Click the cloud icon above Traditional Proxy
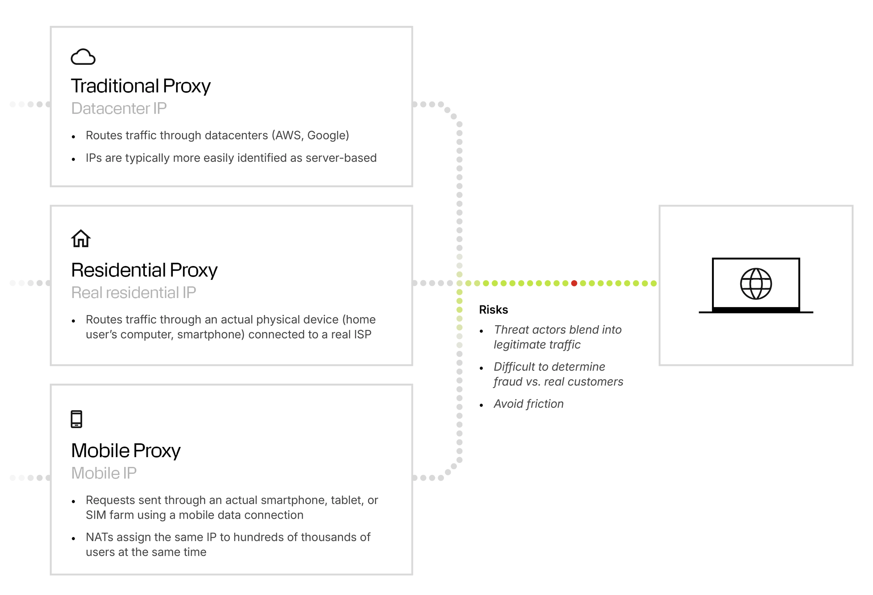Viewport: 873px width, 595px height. tap(83, 57)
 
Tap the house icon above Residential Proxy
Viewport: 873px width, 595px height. tap(81, 239)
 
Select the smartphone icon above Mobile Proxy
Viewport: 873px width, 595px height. tap(76, 419)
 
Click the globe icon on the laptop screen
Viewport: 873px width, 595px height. tap(755, 284)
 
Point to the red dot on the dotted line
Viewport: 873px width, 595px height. tap(574, 283)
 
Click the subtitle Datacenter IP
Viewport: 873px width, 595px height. tap(119, 108)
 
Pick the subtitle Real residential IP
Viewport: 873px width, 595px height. tap(133, 293)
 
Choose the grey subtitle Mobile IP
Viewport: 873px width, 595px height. tap(104, 473)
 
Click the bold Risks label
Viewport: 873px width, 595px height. tap(493, 310)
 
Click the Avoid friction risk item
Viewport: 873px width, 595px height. tap(528, 404)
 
